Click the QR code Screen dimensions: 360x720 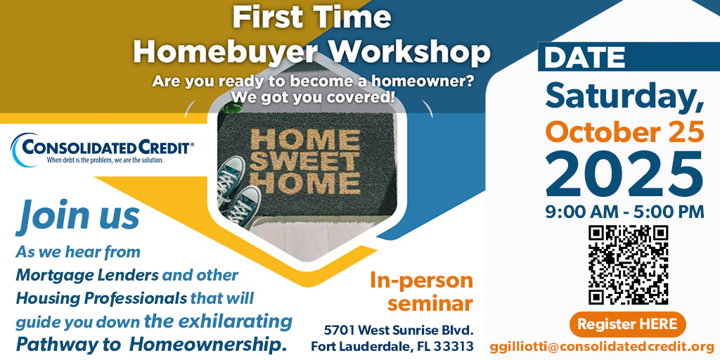tap(628, 264)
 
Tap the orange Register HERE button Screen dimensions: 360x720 tap(627, 324)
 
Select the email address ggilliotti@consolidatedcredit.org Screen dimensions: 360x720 tap(602, 347)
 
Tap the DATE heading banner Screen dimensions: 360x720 tap(584, 58)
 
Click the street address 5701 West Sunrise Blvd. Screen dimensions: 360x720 tap(399, 330)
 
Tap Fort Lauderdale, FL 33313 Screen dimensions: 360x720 tap(392, 347)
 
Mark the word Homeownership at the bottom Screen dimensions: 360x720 tap(208, 345)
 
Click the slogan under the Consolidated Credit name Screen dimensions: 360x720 tap(105, 160)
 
